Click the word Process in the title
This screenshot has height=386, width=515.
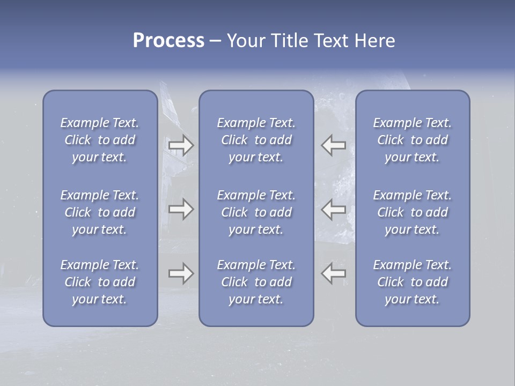click(x=168, y=41)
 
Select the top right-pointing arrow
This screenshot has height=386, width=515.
click(x=181, y=145)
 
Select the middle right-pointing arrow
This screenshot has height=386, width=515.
click(x=181, y=209)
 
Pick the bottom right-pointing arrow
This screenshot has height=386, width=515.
click(x=181, y=273)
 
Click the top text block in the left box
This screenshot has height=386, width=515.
click(x=100, y=140)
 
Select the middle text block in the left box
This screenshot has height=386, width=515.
click(x=100, y=212)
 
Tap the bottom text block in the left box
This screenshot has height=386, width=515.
click(x=100, y=282)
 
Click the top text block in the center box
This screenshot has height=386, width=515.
click(x=256, y=140)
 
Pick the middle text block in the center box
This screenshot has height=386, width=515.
click(x=256, y=212)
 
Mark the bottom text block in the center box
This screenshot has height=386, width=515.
click(x=256, y=282)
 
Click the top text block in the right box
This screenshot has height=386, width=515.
click(x=412, y=140)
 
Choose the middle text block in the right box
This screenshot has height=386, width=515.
click(x=412, y=212)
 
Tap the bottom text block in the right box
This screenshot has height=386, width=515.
click(x=412, y=282)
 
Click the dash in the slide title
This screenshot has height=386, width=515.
click(x=215, y=41)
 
